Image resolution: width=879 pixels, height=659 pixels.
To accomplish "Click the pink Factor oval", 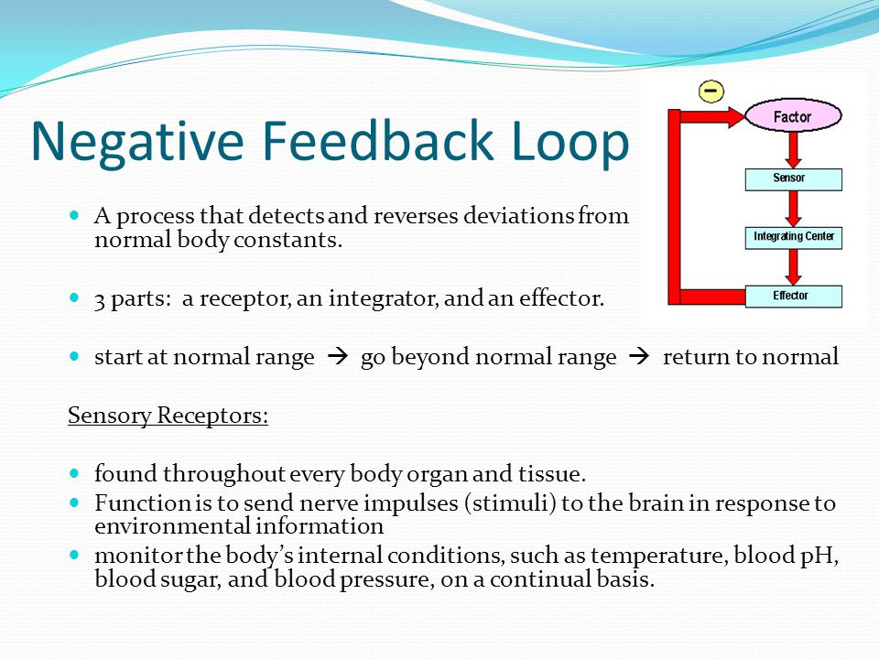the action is [793, 115].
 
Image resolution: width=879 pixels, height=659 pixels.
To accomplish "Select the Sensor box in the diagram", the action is [793, 179].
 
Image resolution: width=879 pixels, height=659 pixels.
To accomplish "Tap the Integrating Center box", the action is [793, 238].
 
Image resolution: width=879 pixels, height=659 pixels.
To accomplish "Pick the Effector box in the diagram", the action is [793, 297].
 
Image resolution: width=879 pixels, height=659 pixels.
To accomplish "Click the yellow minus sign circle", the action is [711, 91].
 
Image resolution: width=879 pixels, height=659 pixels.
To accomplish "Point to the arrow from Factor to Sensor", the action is [793, 150].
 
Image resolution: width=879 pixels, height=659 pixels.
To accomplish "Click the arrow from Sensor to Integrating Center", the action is [793, 209].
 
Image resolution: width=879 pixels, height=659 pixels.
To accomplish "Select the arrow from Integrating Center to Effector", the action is [793, 267].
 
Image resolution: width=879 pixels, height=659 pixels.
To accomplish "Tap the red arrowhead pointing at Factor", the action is [735, 116].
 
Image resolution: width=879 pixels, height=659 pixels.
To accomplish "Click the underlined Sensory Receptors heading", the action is [168, 416].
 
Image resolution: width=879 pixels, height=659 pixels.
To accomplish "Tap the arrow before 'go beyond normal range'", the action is [338, 356].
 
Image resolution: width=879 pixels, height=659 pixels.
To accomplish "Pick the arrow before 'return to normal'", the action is [639, 356].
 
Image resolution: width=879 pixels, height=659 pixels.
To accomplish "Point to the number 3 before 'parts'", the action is [100, 300].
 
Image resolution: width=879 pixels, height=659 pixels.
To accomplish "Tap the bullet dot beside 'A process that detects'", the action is [74, 214].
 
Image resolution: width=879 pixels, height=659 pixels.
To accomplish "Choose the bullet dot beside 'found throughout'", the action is [74, 473].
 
